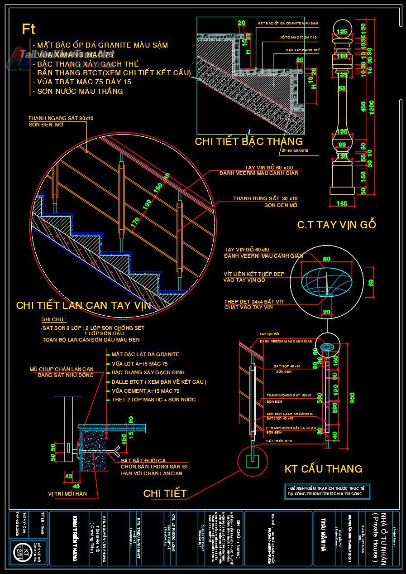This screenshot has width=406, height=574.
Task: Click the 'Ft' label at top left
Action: pos(29,29)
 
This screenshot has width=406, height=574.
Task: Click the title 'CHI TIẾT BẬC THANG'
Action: pos(248,141)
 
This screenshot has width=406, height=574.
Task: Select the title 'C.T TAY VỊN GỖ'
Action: pos(336,225)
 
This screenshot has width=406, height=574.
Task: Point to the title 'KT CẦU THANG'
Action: pos(323,469)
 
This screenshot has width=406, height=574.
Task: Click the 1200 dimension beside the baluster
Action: pos(371,108)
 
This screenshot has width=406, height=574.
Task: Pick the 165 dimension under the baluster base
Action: pos(342,203)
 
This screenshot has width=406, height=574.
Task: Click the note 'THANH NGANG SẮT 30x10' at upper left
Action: pos(61,118)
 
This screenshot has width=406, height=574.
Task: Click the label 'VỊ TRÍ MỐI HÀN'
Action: pos(67,493)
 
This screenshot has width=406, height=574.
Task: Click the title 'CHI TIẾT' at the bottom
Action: pos(165,493)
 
